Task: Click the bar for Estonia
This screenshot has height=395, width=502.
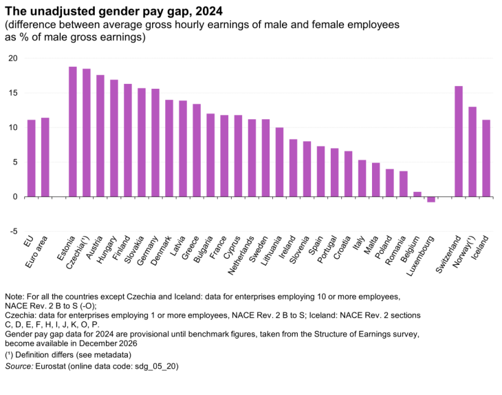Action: pos(72,131)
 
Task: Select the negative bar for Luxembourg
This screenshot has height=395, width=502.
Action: pos(431,200)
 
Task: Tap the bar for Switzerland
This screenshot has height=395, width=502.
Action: pos(459,141)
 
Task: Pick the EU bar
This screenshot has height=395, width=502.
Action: pos(31,158)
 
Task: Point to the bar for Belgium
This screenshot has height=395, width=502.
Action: pos(417,194)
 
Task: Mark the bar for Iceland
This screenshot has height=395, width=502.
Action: pos(486,158)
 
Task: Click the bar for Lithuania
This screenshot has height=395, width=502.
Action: pos(279,162)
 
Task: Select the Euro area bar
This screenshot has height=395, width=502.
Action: pos(45,157)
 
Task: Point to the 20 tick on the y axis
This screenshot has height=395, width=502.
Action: pos(13,58)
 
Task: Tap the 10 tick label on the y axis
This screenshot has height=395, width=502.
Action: pos(13,127)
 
